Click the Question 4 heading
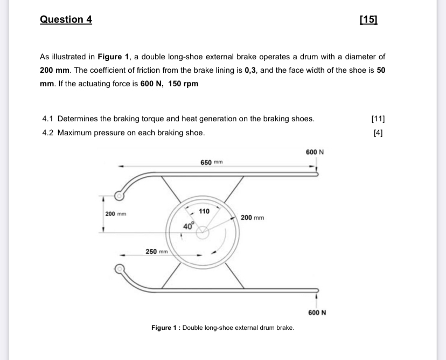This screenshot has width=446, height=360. point(66,19)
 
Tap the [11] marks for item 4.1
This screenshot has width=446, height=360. point(379,119)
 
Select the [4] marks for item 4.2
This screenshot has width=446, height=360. point(379,133)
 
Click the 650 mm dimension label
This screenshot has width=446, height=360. point(211,162)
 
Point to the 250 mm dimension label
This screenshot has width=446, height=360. point(157,252)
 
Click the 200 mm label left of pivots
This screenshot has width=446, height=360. point(115,214)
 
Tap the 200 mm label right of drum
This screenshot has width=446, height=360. point(253,218)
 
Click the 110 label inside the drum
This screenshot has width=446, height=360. point(204,211)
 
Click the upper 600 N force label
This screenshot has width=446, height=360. point(315,153)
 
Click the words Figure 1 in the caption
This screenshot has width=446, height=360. point(164,328)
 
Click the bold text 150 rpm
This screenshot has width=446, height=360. point(183,84)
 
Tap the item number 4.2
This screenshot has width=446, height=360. point(47,133)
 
